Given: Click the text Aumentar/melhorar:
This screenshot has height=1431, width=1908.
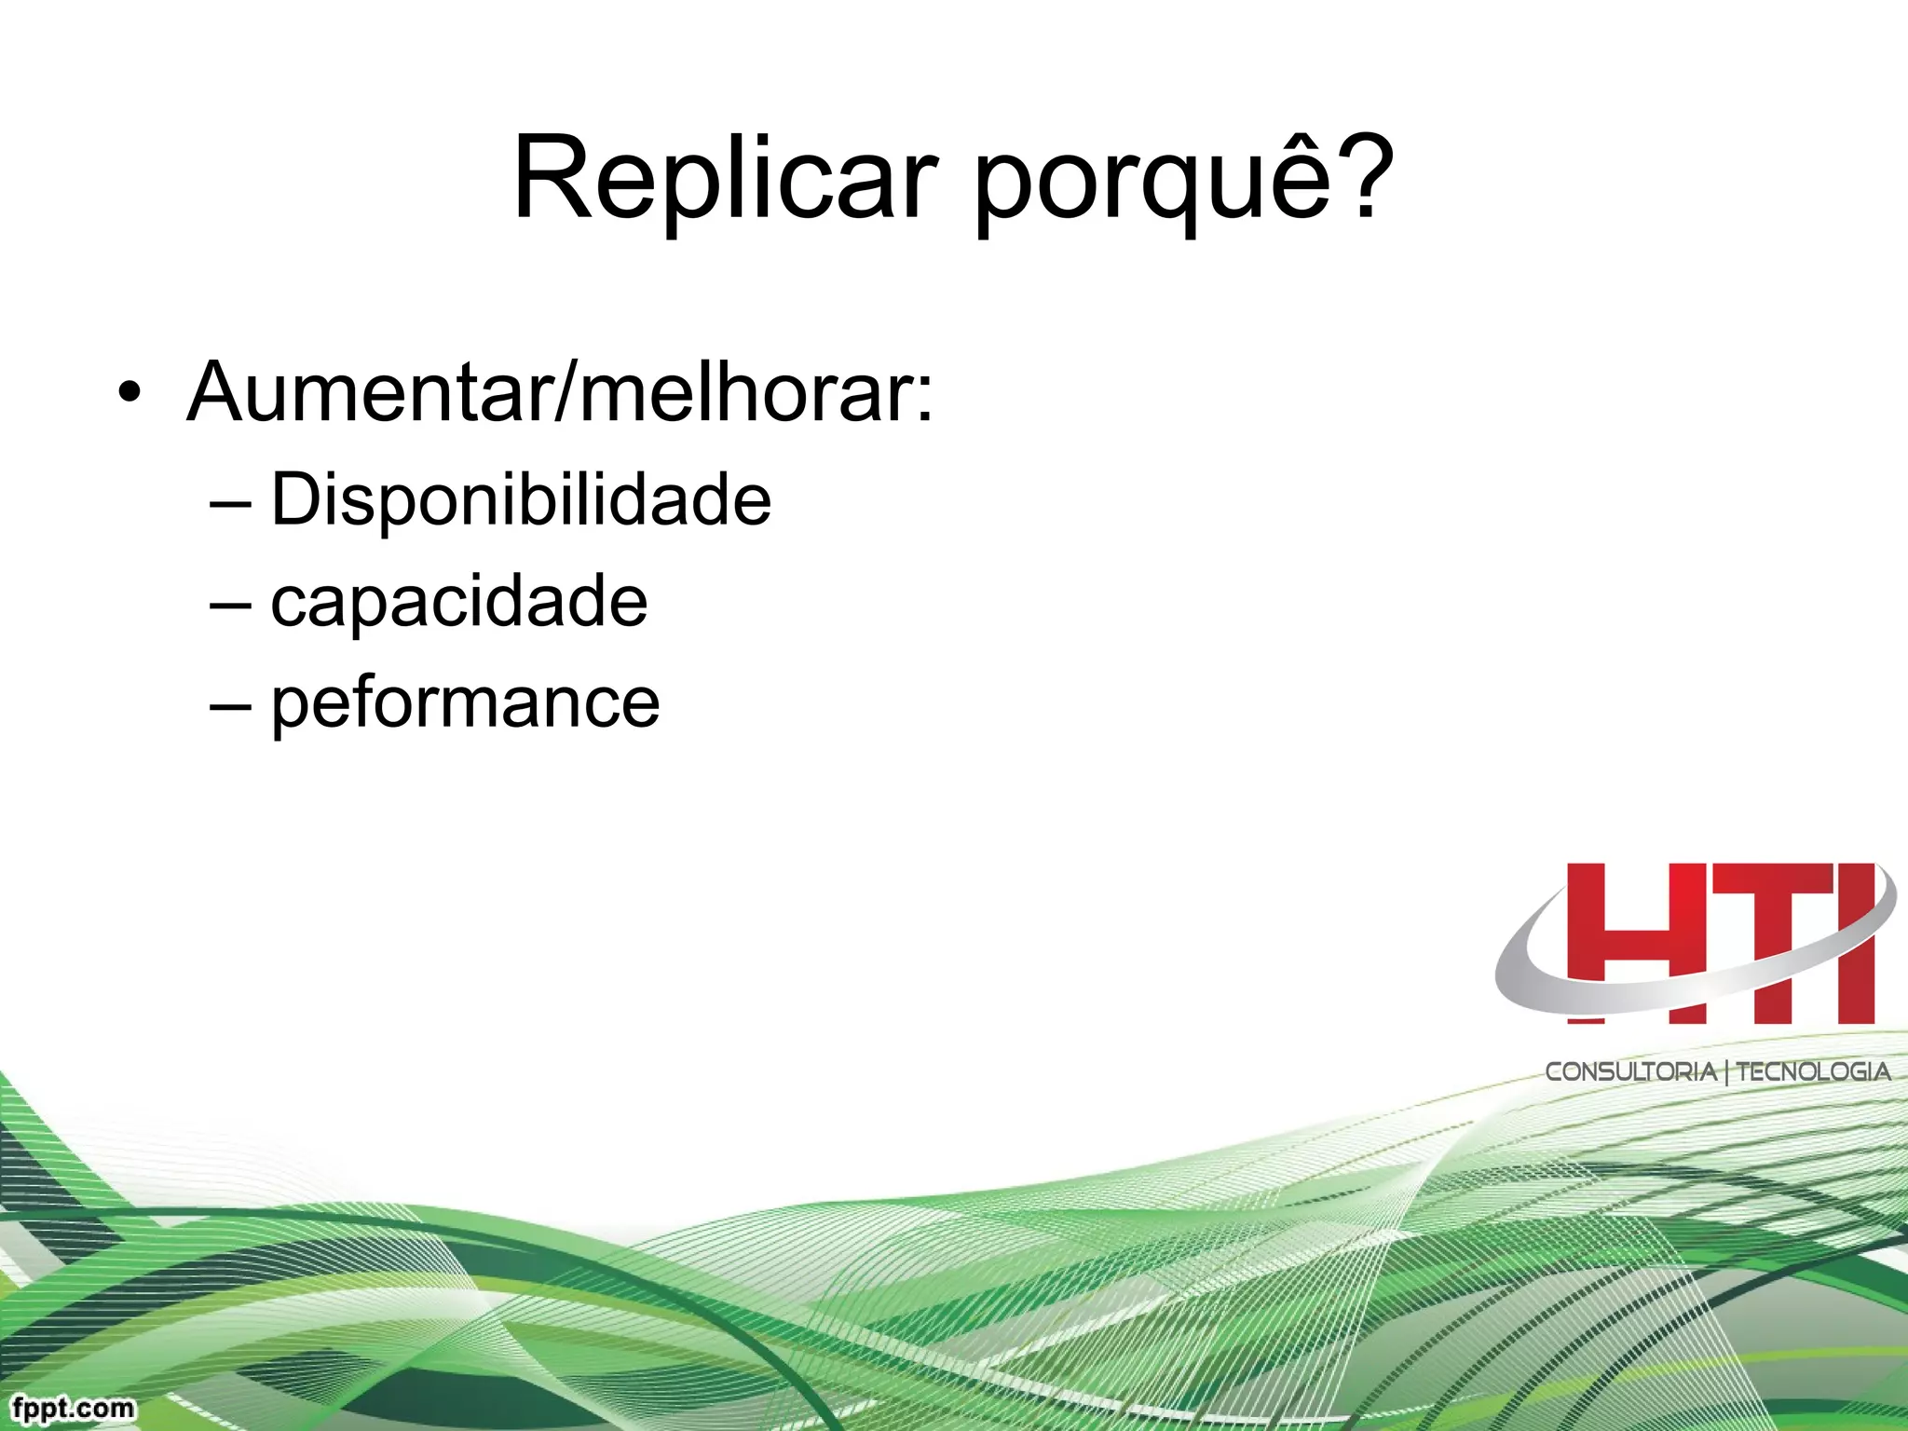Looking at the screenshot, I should [559, 393].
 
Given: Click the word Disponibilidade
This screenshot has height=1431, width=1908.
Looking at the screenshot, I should [521, 500].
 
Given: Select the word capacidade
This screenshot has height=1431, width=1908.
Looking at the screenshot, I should [458, 602].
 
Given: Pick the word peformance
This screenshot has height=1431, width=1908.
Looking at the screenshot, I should [465, 703].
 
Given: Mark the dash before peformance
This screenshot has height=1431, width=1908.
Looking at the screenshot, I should [230, 705].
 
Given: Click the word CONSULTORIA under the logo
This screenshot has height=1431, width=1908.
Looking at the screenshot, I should [1630, 1071].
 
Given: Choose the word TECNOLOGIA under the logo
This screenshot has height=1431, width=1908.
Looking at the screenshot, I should [1813, 1071].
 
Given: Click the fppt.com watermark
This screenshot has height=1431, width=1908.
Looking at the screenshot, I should [74, 1408].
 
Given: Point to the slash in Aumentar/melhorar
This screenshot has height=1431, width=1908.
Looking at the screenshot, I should [566, 393].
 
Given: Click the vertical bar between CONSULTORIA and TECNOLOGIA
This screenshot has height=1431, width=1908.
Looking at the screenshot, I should [1726, 1072].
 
